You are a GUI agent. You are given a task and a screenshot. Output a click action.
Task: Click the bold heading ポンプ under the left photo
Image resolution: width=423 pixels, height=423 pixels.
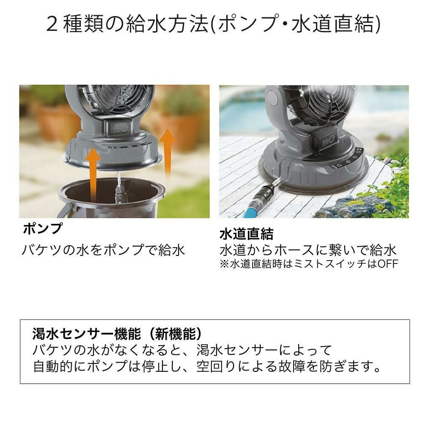tap(43, 229)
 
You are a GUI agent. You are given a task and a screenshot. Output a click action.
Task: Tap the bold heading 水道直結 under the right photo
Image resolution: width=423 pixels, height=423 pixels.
tap(246, 234)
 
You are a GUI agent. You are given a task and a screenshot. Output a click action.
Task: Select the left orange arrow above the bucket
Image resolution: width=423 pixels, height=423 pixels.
tap(93, 174)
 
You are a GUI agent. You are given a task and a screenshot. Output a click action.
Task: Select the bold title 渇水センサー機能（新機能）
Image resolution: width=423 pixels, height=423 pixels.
tap(117, 334)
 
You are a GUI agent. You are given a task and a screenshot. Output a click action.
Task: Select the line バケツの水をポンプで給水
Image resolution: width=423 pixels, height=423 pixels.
tap(103, 250)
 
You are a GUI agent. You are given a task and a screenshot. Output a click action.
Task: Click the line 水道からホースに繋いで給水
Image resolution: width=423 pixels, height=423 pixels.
tap(308, 250)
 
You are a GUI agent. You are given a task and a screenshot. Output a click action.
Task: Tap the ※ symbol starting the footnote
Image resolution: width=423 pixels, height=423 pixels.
tap(224, 264)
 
